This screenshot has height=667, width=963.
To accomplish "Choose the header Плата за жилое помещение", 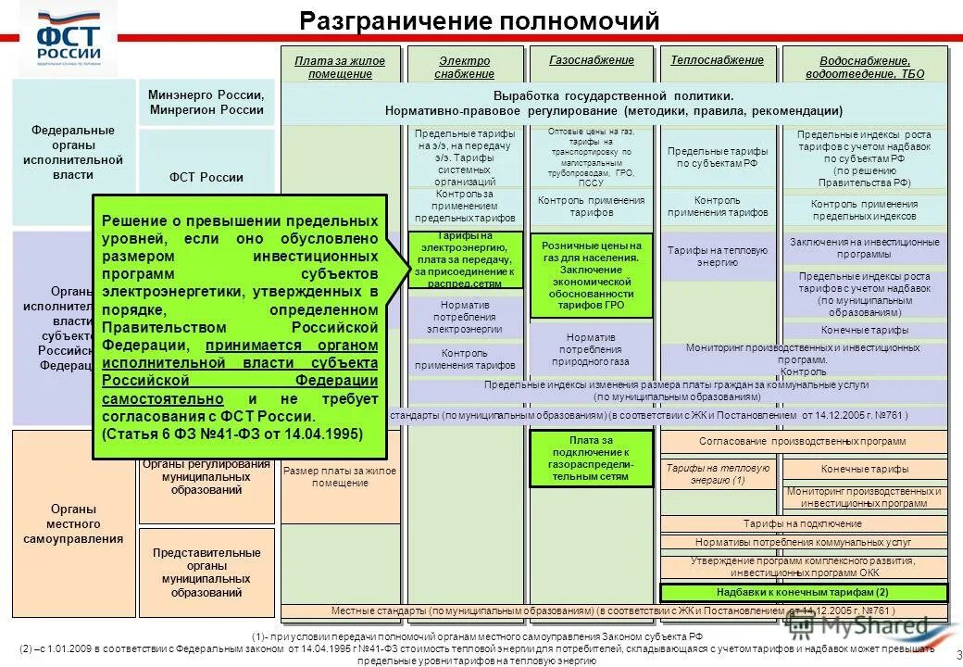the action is pyautogui.click(x=340, y=67).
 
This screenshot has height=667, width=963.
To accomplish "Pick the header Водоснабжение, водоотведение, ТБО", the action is pyautogui.click(x=865, y=67).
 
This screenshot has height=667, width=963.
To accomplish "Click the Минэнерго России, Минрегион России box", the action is pyautogui.click(x=206, y=103).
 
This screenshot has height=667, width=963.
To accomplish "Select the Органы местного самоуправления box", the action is pyautogui.click(x=73, y=523).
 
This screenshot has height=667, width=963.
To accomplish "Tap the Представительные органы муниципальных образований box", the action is pyautogui.click(x=206, y=572).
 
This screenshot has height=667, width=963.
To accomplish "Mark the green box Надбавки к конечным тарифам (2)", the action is pyautogui.click(x=803, y=592).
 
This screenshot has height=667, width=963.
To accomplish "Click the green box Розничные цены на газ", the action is pyautogui.click(x=591, y=274).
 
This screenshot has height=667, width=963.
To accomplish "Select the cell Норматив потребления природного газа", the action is pyautogui.click(x=591, y=349).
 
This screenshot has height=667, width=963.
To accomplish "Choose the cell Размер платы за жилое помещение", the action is pyautogui.click(x=340, y=476).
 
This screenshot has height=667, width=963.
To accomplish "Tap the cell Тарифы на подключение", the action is pyautogui.click(x=803, y=523).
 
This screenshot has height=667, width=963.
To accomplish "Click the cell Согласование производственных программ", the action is pyautogui.click(x=803, y=442).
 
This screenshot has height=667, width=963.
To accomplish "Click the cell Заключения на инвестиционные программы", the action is pyautogui.click(x=865, y=247).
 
